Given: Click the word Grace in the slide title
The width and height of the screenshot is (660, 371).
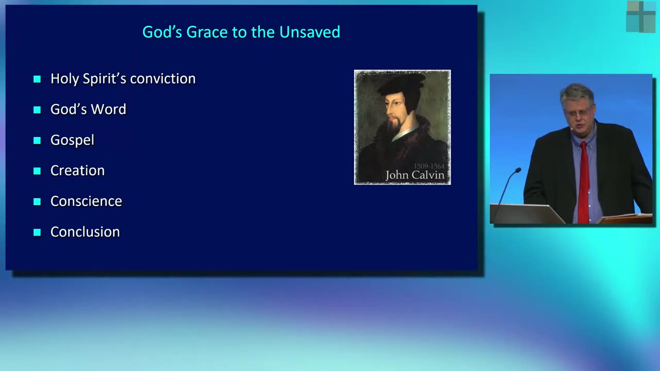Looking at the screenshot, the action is click(x=207, y=32).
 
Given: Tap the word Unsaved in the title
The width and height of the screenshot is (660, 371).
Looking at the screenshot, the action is click(x=310, y=32).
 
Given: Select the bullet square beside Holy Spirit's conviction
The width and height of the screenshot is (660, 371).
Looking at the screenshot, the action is click(x=37, y=79).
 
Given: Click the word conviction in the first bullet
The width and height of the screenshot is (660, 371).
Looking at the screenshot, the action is click(x=162, y=79).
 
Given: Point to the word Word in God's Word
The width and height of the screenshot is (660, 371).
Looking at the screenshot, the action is click(x=109, y=109).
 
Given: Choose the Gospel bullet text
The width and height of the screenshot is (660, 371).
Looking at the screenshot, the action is click(x=73, y=140).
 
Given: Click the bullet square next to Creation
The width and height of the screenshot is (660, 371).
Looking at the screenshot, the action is click(x=37, y=171).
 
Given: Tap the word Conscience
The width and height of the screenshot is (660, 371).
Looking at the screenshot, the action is click(x=86, y=201).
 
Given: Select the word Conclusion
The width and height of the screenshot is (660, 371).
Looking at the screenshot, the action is click(x=85, y=232).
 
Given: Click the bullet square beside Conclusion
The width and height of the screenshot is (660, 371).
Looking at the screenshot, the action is click(x=37, y=232).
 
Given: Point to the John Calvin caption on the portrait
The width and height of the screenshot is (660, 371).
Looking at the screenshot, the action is click(x=415, y=175).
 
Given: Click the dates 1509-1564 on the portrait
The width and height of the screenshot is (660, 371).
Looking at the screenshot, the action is click(x=429, y=166).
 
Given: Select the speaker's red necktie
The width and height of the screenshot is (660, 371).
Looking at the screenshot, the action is click(x=583, y=182).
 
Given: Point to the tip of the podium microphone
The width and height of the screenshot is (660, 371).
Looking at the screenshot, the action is click(x=518, y=170).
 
